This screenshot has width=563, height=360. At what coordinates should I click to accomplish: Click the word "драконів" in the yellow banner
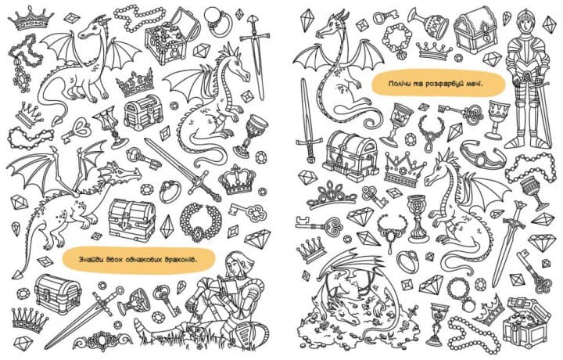click(x=181, y=259)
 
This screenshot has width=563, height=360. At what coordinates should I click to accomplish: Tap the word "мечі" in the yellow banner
click(x=475, y=84)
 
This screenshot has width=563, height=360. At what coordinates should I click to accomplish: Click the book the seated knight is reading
click(x=229, y=287)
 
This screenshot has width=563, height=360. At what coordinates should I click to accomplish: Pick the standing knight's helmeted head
click(x=524, y=23)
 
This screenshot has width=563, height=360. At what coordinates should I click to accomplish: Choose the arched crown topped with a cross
click(x=237, y=180)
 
